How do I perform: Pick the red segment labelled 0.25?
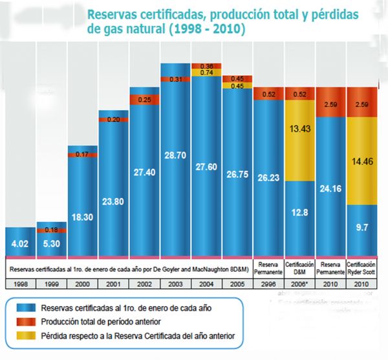point(145,100)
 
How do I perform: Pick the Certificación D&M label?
point(299,268)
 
